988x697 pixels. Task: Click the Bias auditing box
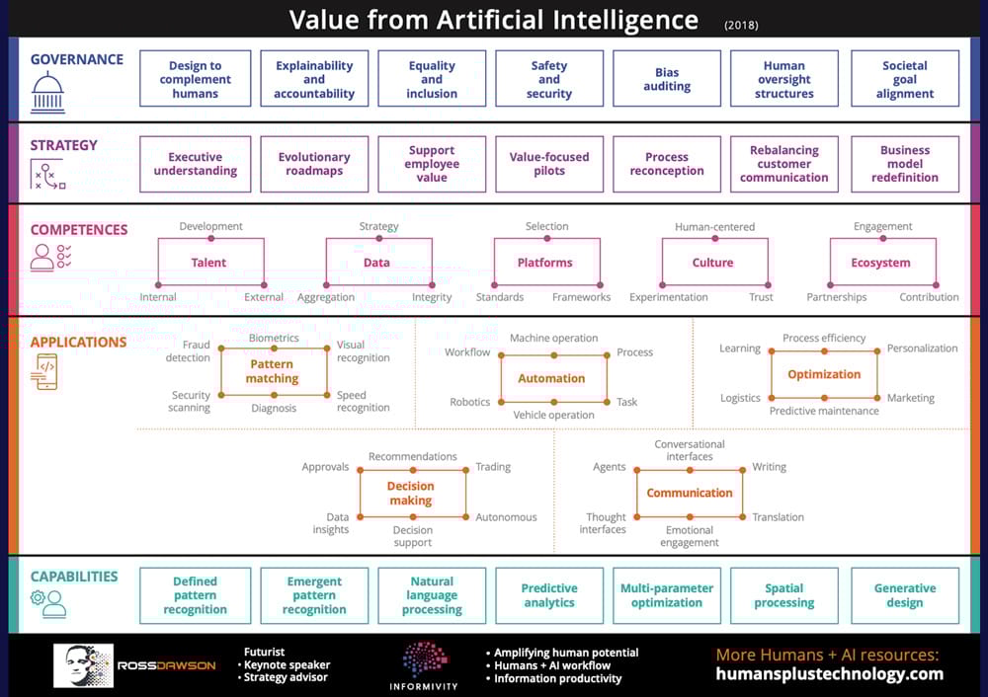(667, 79)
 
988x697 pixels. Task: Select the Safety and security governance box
(548, 79)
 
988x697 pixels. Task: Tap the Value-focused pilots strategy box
(548, 164)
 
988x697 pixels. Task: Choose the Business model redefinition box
(905, 164)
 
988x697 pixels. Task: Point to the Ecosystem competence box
(882, 262)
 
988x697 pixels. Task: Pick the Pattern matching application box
(274, 371)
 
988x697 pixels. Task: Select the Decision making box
(412, 493)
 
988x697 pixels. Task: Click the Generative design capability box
(905, 595)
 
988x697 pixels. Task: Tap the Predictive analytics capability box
(548, 595)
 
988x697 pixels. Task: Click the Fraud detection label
(189, 350)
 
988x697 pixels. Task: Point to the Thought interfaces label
(603, 523)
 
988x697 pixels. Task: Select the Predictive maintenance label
(824, 411)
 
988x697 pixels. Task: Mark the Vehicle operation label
(553, 415)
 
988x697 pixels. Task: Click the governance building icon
(47, 92)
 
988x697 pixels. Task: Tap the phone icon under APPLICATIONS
(44, 372)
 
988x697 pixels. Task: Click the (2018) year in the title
(741, 26)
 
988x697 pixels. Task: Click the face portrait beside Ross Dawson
(83, 665)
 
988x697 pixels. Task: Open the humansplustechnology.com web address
(829, 673)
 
